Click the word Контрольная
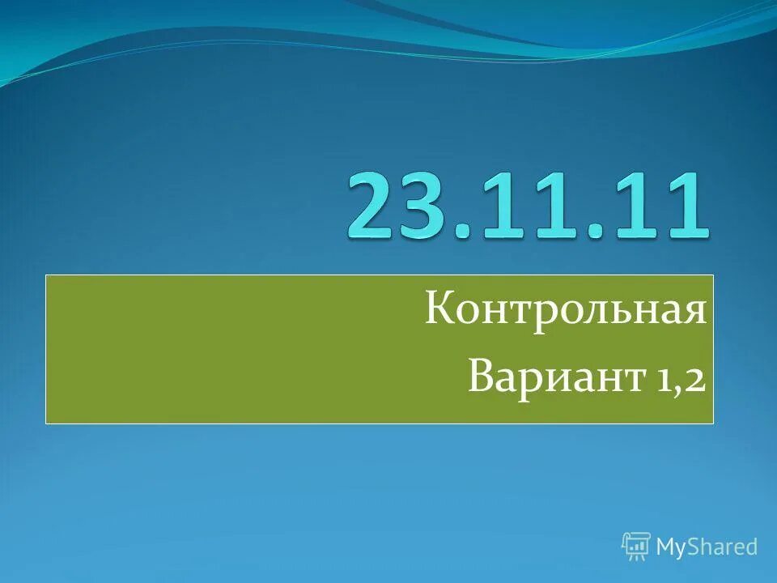tap(566, 311)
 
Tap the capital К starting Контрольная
tap(439, 311)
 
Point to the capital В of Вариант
tap(480, 377)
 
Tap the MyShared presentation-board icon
tap(636, 547)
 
